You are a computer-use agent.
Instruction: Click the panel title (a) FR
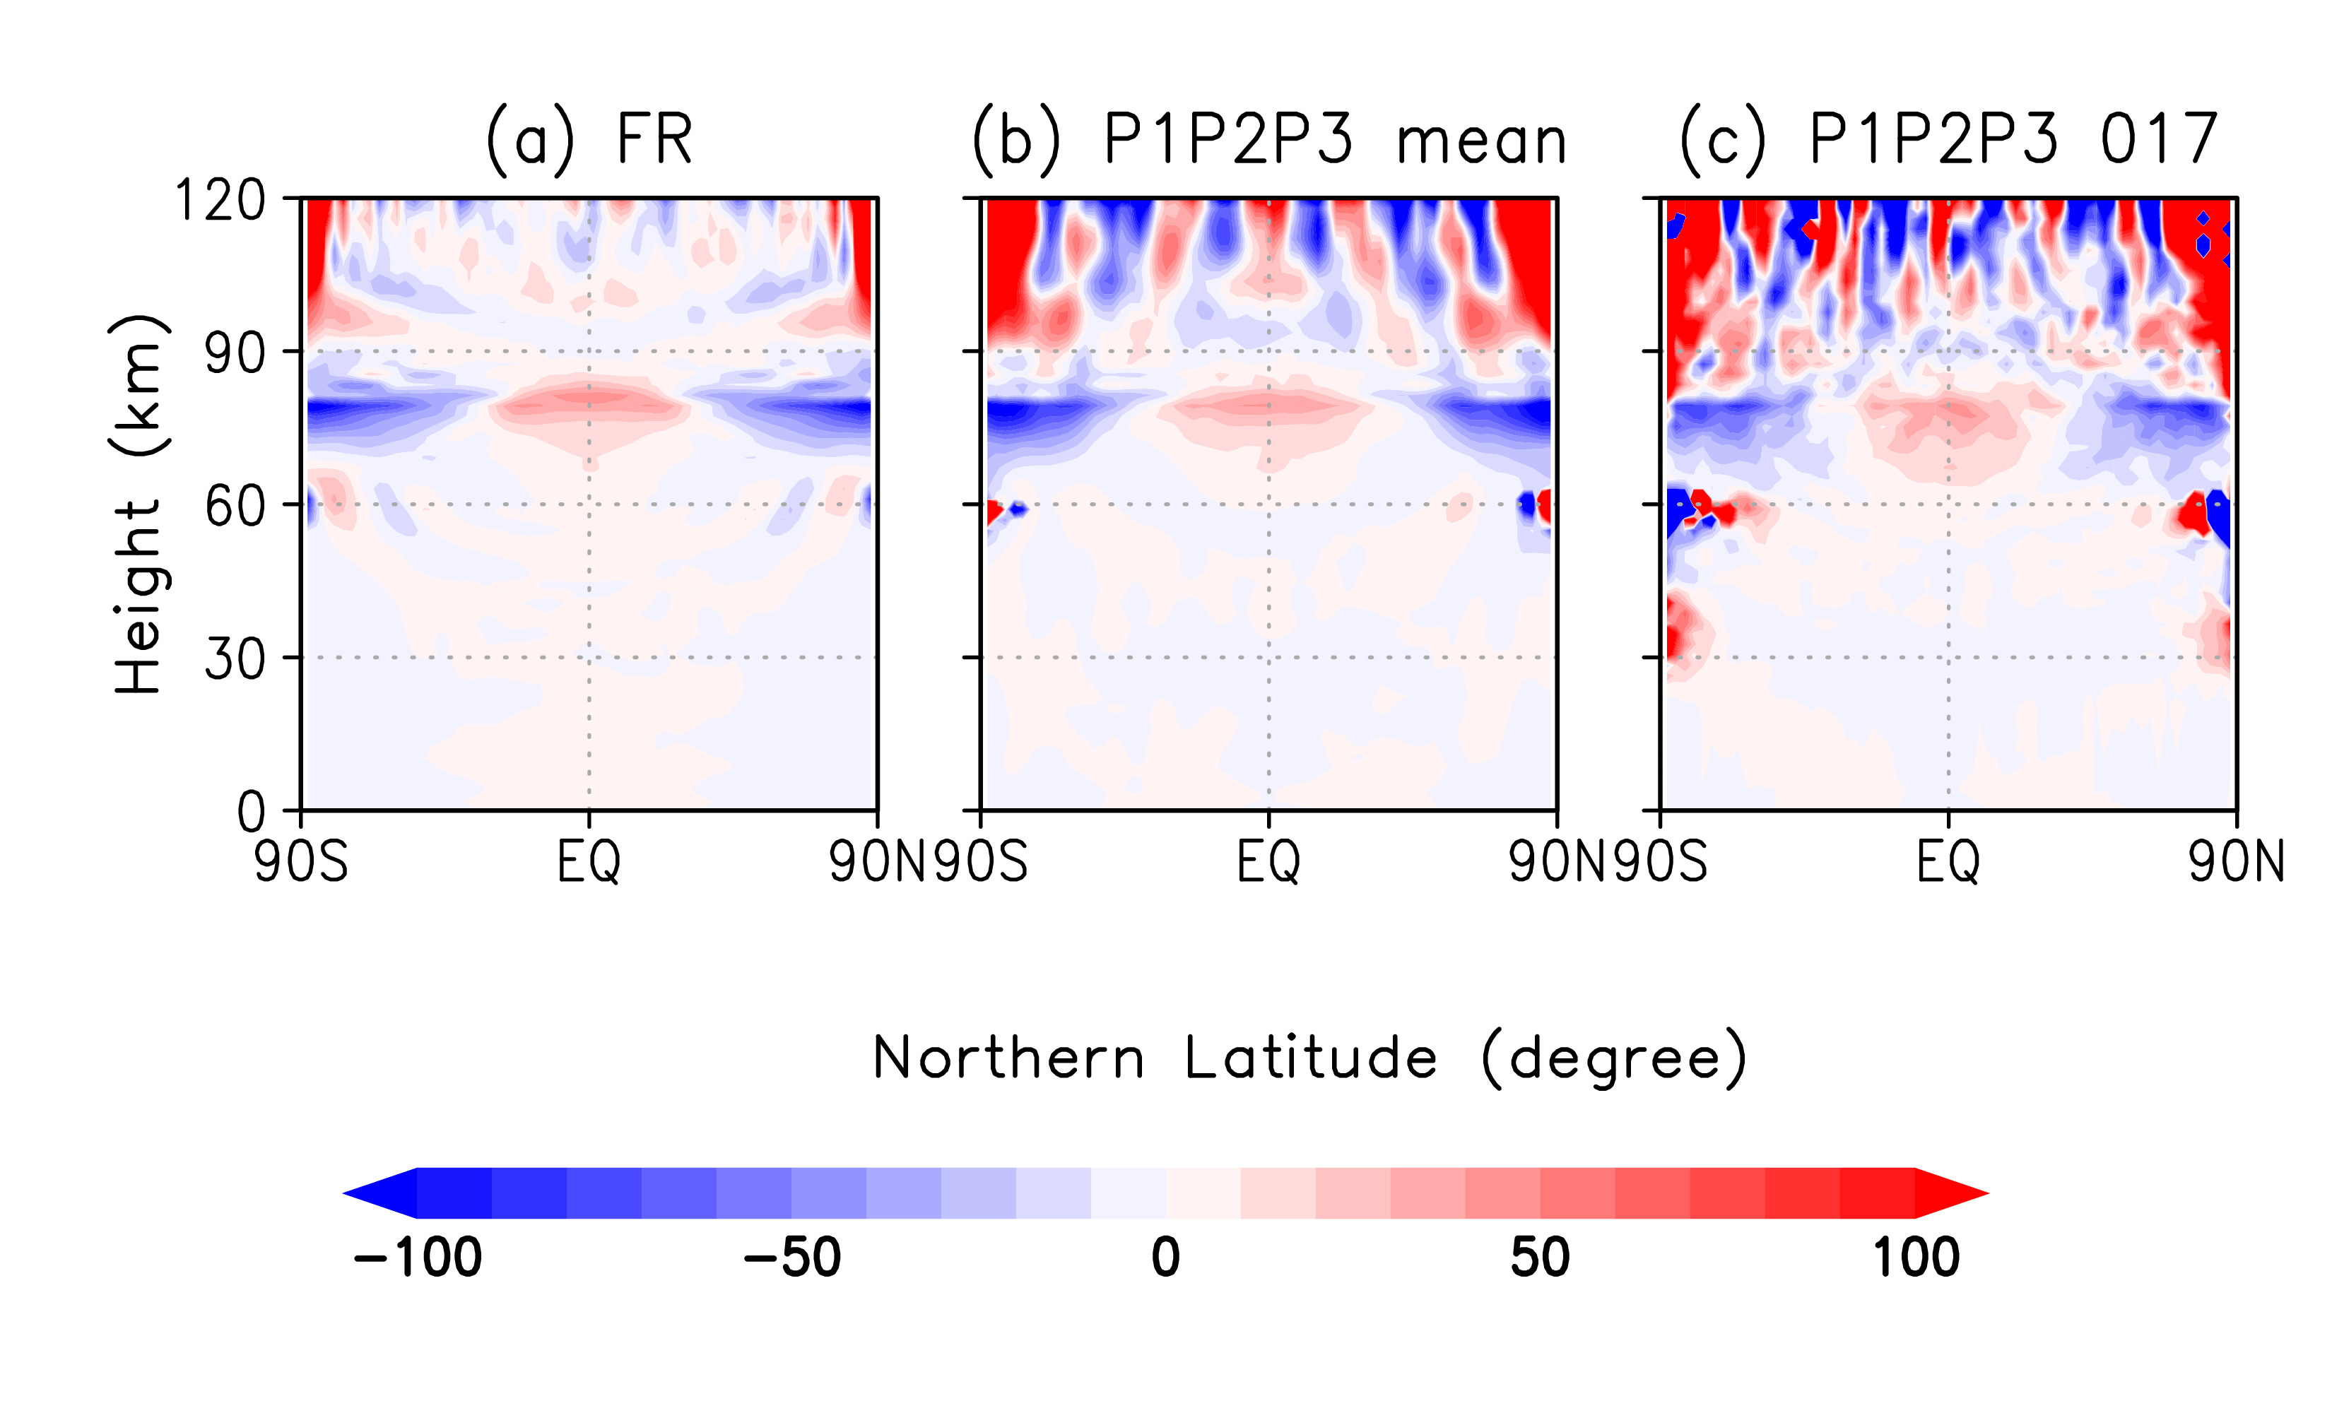tap(589, 139)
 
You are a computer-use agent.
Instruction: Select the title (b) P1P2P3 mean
tap(1268, 139)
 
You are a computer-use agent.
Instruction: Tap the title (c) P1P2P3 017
tap(1948, 139)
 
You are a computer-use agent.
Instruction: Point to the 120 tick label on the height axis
tap(220, 201)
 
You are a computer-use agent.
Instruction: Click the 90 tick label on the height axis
tap(235, 353)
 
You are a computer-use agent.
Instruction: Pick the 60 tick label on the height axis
tap(235, 507)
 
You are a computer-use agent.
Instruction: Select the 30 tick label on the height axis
tap(235, 660)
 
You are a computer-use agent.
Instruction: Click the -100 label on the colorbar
tap(418, 1258)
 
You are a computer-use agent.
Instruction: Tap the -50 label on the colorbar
tap(792, 1258)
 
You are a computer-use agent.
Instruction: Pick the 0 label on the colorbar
tap(1166, 1258)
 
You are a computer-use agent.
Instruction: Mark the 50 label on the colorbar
tap(1540, 1258)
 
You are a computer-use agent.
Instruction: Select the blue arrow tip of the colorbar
tap(375, 1193)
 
